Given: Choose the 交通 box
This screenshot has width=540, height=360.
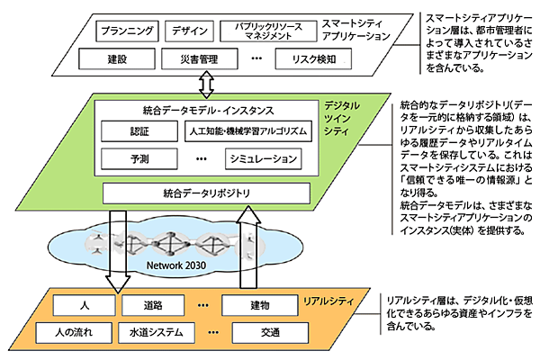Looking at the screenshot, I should [x=270, y=331].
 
